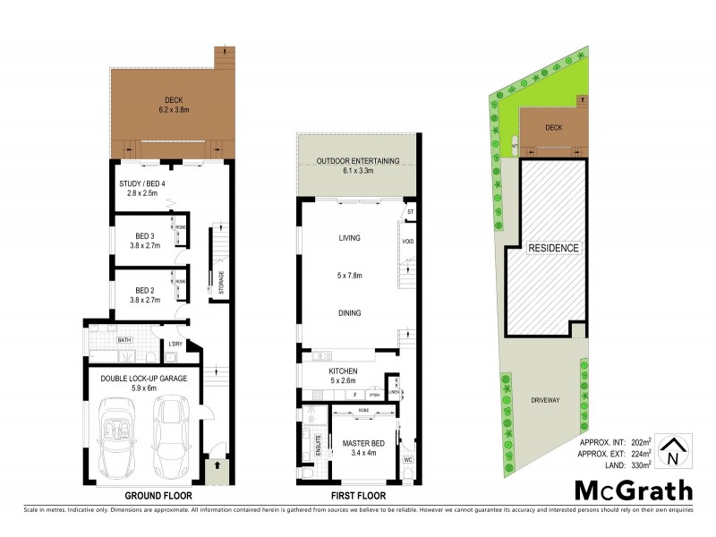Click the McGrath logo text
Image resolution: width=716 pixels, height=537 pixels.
pos(633,490)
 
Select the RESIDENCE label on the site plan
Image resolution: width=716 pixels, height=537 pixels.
pos(552,248)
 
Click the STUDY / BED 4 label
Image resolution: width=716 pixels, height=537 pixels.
pos(142,185)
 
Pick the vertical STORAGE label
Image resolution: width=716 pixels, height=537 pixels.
pos(221,281)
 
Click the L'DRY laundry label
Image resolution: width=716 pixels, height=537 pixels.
pos(176,344)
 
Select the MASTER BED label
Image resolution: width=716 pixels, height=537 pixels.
pos(362,442)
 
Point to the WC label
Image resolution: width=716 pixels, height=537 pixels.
pos(408,461)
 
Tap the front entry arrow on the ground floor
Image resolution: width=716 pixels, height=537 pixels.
pos(215,466)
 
